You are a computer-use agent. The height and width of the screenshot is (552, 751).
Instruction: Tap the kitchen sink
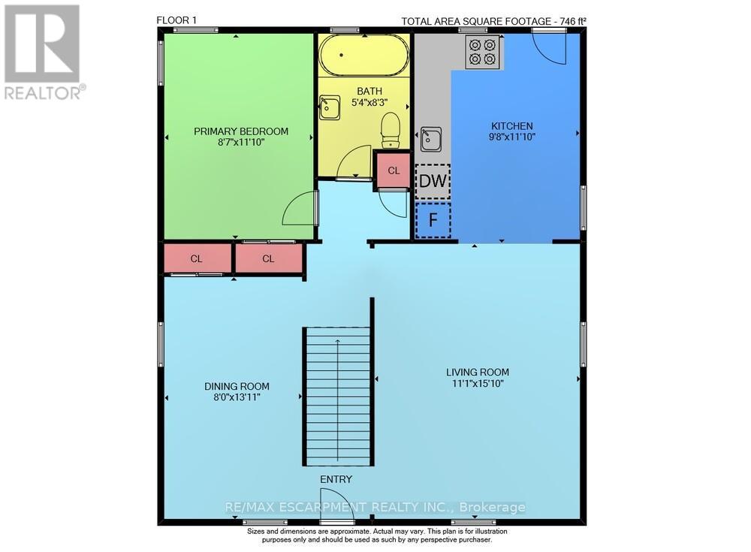[x=431, y=139]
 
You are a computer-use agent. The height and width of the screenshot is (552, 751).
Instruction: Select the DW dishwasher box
[x=433, y=181]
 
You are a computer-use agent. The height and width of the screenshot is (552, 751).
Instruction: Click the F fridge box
[x=433, y=221]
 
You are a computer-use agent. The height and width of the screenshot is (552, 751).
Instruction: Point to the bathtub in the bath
[x=363, y=55]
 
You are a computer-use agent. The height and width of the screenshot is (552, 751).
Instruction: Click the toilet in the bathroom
[x=391, y=130]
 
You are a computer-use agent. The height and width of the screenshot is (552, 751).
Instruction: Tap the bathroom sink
[x=329, y=107]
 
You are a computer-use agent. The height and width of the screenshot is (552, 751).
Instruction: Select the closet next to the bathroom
[x=393, y=170]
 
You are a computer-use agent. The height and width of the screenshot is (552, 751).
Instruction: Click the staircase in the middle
[x=337, y=396]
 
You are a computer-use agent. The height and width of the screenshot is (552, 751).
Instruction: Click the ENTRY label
[x=336, y=479]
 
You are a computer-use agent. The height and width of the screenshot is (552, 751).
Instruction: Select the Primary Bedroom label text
[x=241, y=131]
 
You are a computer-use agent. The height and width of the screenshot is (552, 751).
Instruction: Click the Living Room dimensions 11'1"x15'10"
[x=477, y=384]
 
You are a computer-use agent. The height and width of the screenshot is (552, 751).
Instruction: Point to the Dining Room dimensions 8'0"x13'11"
[x=237, y=398]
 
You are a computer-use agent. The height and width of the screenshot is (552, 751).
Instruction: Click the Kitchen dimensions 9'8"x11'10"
[x=512, y=137]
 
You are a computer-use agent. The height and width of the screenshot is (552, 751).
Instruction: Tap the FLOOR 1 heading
[x=176, y=20]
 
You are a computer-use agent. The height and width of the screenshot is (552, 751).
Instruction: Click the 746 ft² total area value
[x=570, y=21]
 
